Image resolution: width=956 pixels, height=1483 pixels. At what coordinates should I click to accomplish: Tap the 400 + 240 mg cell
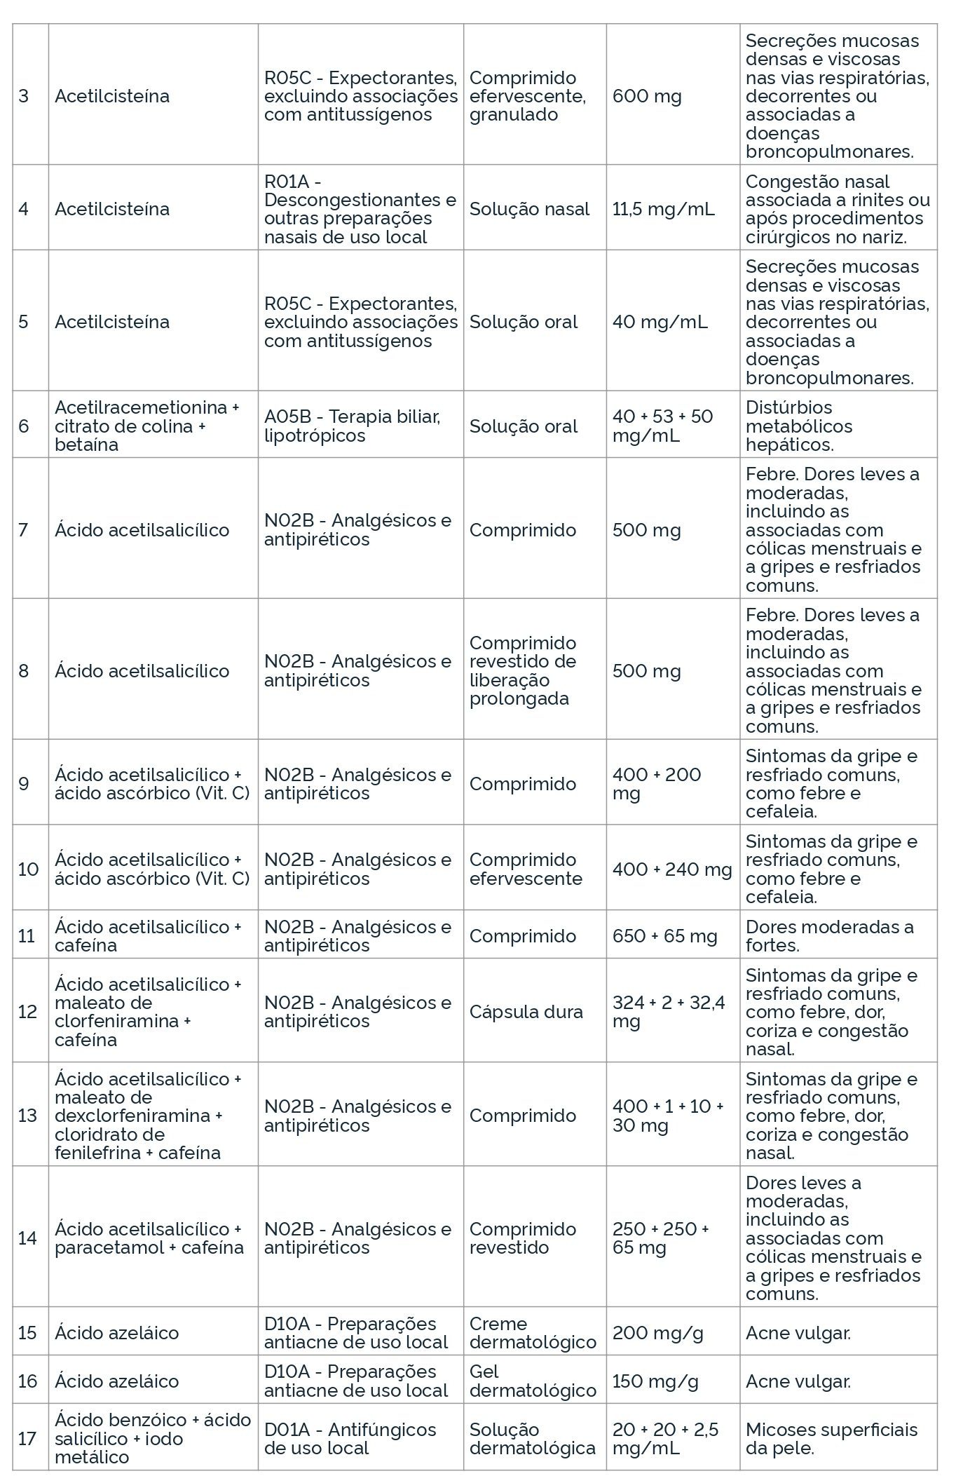pyautogui.click(x=671, y=869)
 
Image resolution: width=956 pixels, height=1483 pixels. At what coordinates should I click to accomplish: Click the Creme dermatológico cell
pyautogui.click(x=533, y=1332)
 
